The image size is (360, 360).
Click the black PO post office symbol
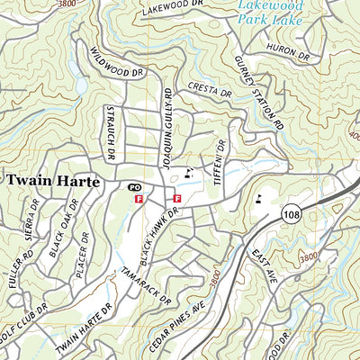point(134,186)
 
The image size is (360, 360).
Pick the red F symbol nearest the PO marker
point(139,199)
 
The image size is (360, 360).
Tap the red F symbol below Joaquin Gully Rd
point(176,198)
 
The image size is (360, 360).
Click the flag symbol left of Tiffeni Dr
point(189,171)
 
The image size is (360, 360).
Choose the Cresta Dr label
point(211,90)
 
